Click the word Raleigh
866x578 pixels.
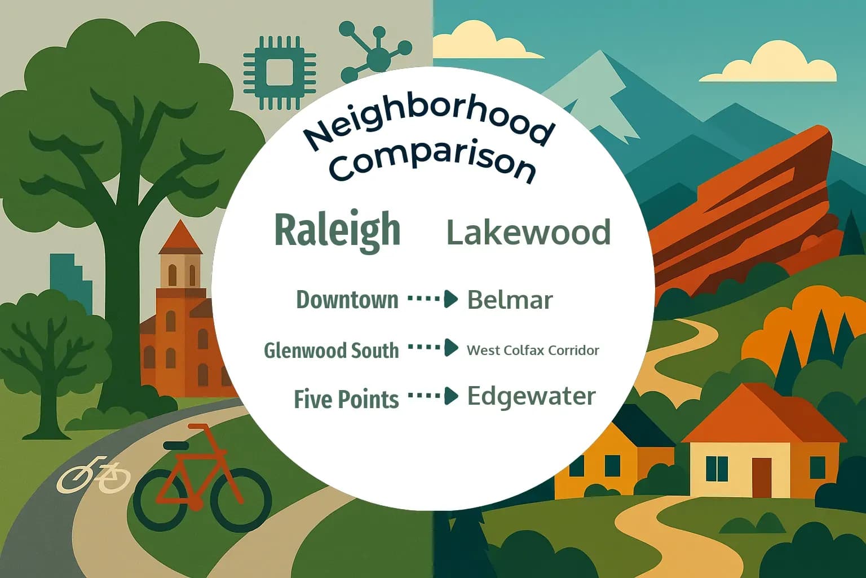pos(337,230)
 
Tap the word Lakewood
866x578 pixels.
pos(528,232)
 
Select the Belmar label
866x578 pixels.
pos(510,300)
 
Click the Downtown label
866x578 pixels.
pos(347,300)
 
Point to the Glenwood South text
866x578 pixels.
pos(331,351)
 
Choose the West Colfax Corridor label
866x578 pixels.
pos(533,351)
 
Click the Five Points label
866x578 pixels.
pos(346,399)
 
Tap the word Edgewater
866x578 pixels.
pos(531,396)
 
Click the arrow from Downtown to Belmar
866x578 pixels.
pos(432,299)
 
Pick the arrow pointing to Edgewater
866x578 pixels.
pos(432,396)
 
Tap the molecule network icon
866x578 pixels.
pos(375,54)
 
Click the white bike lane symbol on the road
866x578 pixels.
pos(94,475)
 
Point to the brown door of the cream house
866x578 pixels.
pos(761,478)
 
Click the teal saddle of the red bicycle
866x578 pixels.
pos(176,446)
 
